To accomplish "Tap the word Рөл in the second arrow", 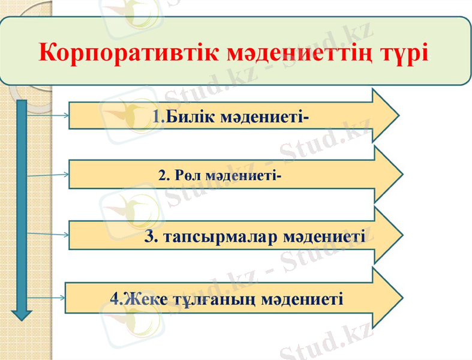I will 189,176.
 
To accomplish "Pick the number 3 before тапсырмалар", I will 151,236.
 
